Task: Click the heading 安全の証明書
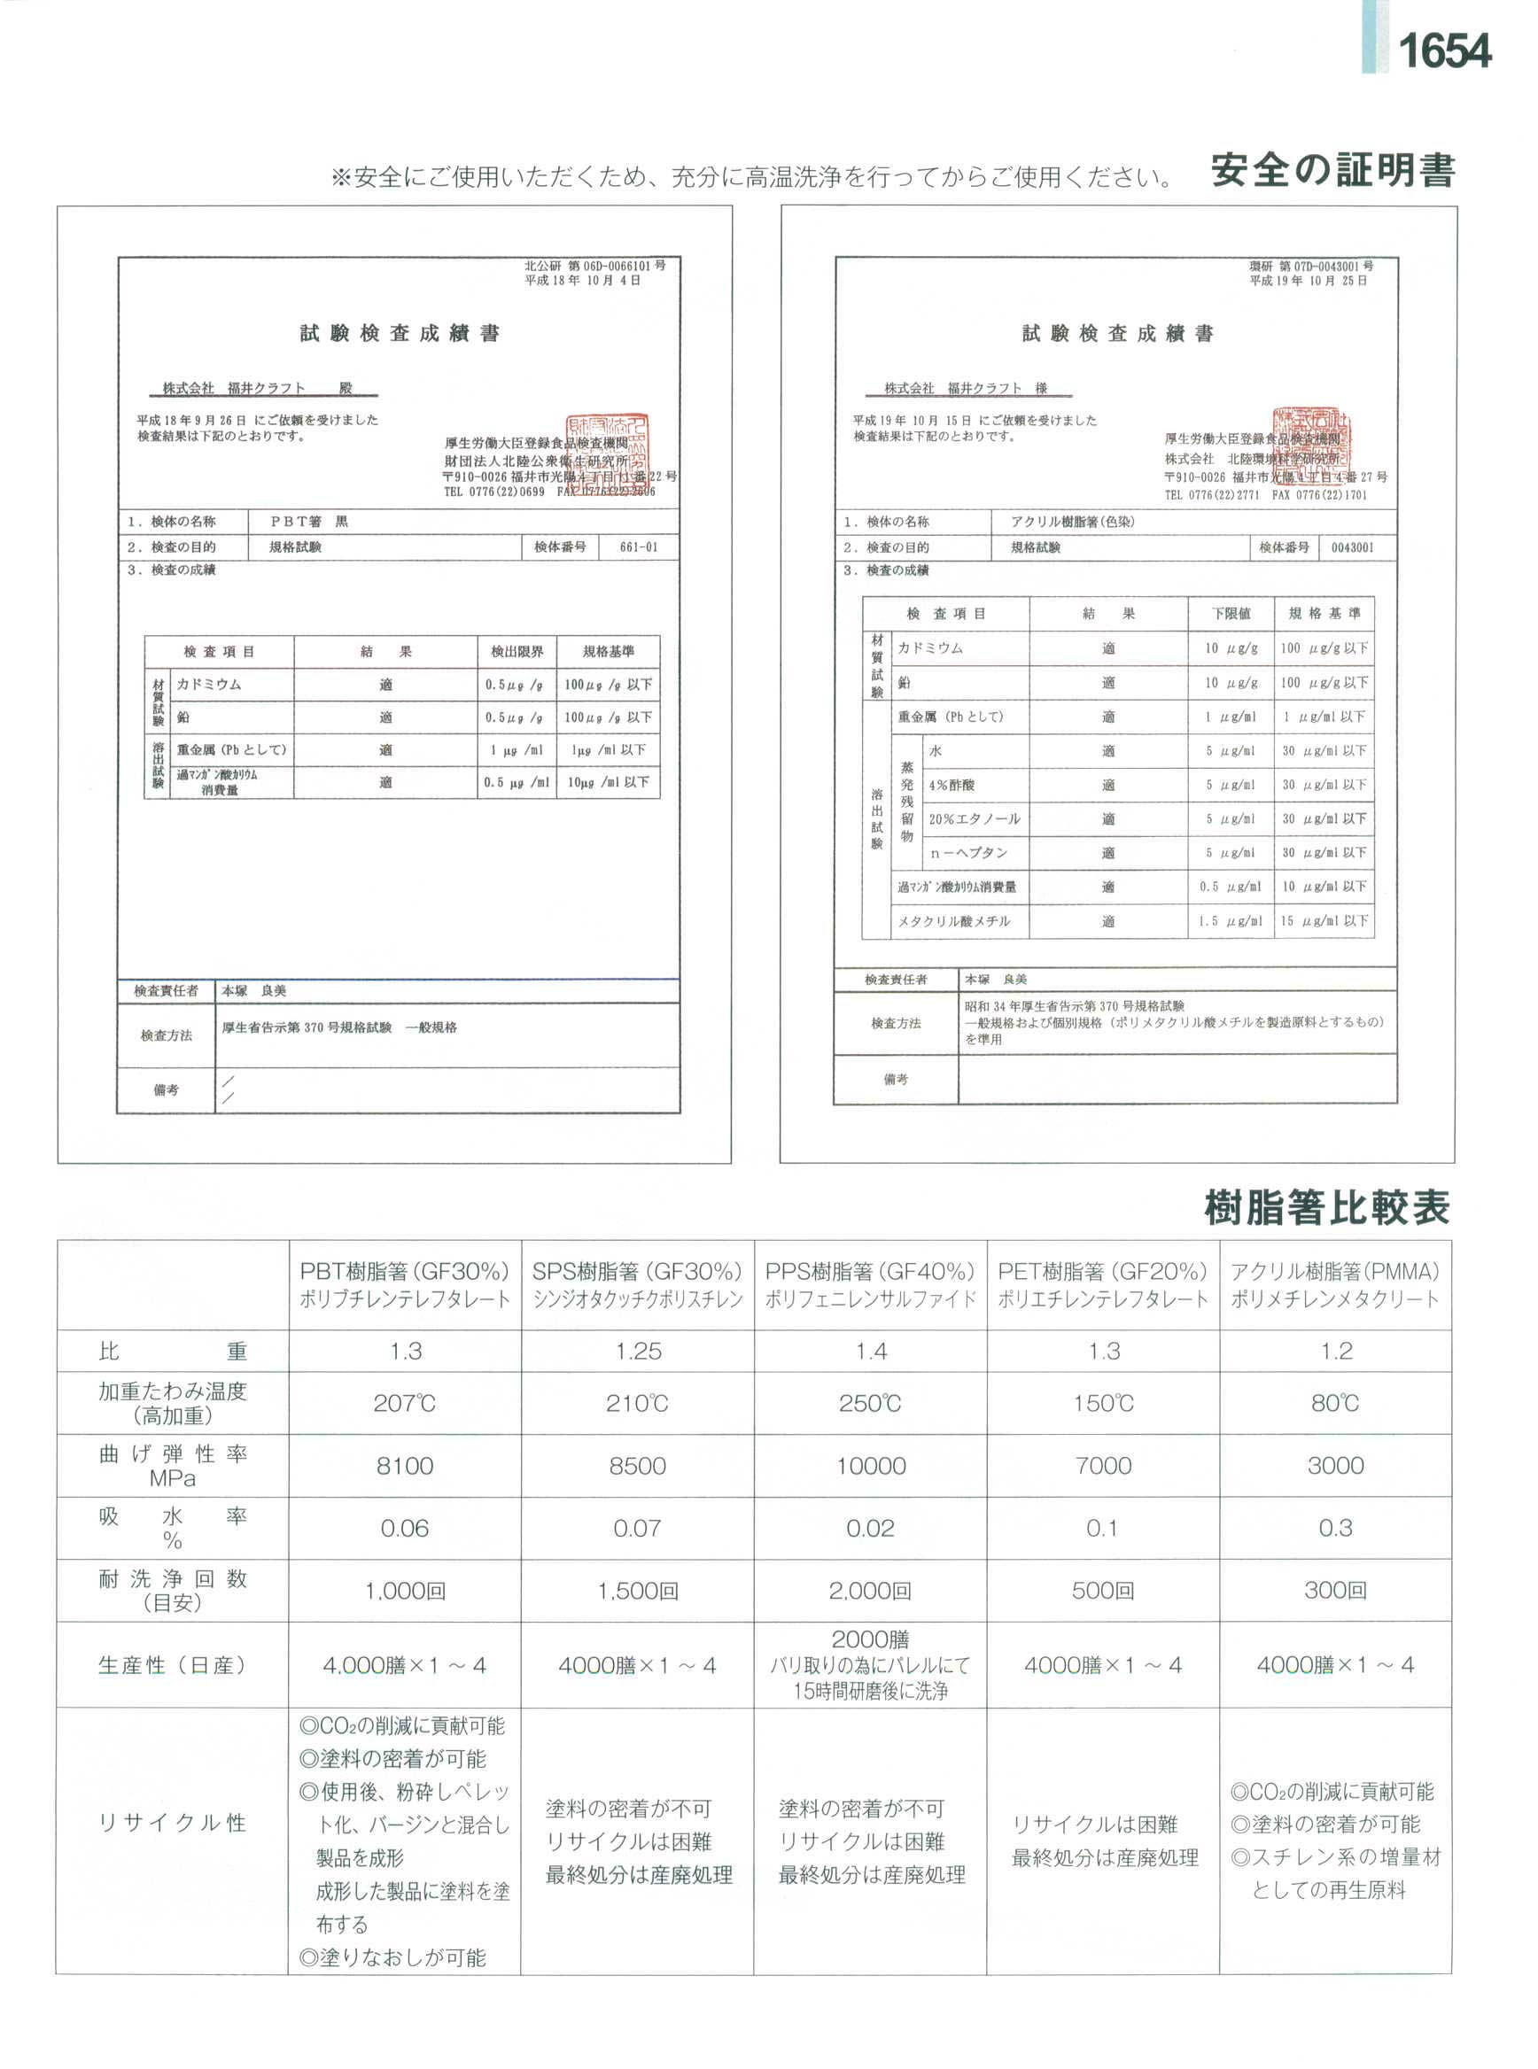pyautogui.click(x=1332, y=171)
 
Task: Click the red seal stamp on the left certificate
pyautogui.click(x=608, y=453)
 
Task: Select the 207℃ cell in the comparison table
pyautogui.click(x=404, y=1403)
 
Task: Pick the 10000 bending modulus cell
pyautogui.click(x=871, y=1466)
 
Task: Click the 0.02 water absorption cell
pyautogui.click(x=871, y=1528)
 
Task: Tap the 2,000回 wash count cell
pyautogui.click(x=871, y=1591)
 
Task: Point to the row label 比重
pyautogui.click(x=172, y=1352)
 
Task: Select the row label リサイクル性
pyautogui.click(x=172, y=1823)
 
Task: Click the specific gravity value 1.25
pyautogui.click(x=638, y=1352)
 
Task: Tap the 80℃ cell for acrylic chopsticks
pyautogui.click(x=1335, y=1403)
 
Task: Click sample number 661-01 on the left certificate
pyautogui.click(x=639, y=547)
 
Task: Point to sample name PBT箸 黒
pyautogui.click(x=309, y=523)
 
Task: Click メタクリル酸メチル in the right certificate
pyautogui.click(x=948, y=921)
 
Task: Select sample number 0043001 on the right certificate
pyautogui.click(x=1352, y=547)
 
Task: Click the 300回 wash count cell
pyautogui.click(x=1335, y=1591)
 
